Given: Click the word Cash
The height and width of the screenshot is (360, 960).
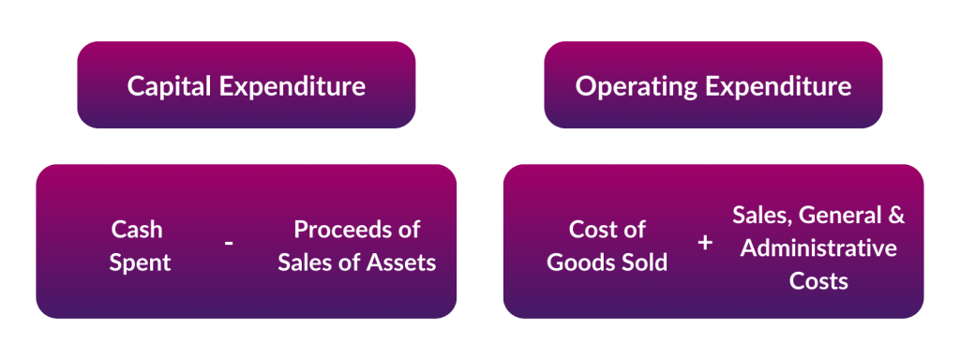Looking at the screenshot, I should tap(137, 230).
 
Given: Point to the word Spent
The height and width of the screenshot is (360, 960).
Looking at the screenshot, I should tap(140, 262).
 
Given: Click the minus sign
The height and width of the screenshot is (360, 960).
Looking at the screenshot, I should tap(229, 244).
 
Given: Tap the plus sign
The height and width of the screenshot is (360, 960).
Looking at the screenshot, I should tap(705, 243).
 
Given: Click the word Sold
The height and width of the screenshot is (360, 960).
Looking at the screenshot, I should tap(645, 262).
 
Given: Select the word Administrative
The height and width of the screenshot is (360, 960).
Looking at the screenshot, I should tap(817, 248).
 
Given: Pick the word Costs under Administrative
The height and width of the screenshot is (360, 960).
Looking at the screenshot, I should tap(817, 279).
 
